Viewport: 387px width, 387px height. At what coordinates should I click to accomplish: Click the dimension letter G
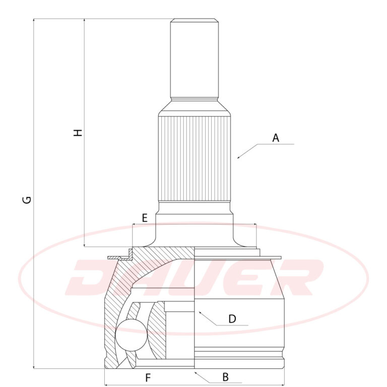point(27,200)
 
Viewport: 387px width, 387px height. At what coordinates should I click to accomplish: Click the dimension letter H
point(78,133)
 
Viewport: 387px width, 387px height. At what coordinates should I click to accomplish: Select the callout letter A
point(276,138)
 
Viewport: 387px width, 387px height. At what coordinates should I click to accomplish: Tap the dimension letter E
point(145,218)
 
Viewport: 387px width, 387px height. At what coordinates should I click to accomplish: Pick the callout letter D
point(232,319)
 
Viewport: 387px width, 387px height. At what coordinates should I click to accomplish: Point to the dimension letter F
point(148,377)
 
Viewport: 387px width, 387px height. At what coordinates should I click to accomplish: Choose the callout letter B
point(225,377)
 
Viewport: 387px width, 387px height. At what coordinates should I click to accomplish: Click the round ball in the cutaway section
point(132,335)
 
